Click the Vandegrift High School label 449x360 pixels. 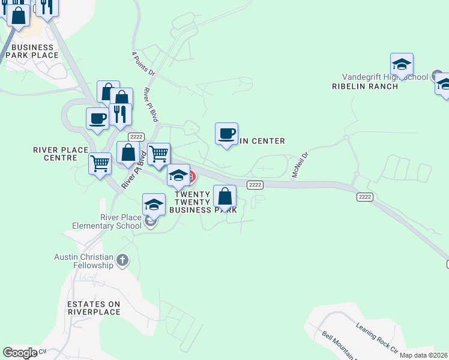384,77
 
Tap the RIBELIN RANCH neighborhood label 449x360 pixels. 364,86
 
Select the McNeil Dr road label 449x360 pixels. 300,164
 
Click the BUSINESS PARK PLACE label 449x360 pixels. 32,52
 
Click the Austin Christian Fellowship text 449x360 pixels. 83,261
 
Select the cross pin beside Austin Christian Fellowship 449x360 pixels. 123,260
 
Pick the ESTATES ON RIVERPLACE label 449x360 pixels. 94,308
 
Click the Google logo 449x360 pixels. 20,353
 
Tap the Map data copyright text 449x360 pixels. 423,355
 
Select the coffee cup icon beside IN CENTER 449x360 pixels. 226,134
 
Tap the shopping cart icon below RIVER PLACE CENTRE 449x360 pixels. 100,163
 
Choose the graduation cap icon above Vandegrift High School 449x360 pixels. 402,64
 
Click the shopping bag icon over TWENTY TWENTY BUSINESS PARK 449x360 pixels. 224,196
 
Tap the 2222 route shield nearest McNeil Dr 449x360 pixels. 256,185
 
